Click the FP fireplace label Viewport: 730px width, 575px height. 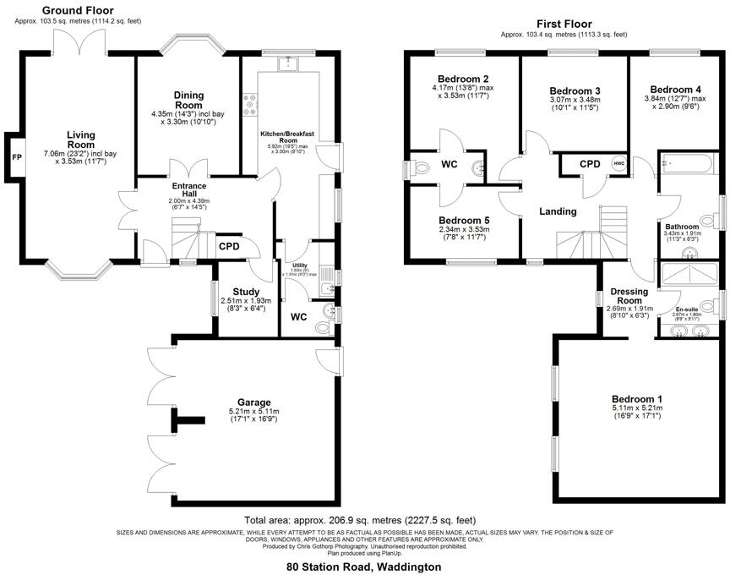(x=16, y=157)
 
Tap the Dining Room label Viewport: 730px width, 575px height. (x=188, y=100)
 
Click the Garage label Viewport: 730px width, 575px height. (x=248, y=403)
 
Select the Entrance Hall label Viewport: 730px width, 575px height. (x=182, y=189)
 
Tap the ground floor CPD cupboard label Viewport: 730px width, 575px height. (x=229, y=247)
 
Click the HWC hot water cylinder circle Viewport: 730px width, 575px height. (x=619, y=163)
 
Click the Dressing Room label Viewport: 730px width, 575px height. (x=629, y=297)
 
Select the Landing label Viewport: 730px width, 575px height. (x=558, y=211)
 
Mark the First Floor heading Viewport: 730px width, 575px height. (x=564, y=24)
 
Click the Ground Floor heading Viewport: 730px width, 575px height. (x=79, y=9)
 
